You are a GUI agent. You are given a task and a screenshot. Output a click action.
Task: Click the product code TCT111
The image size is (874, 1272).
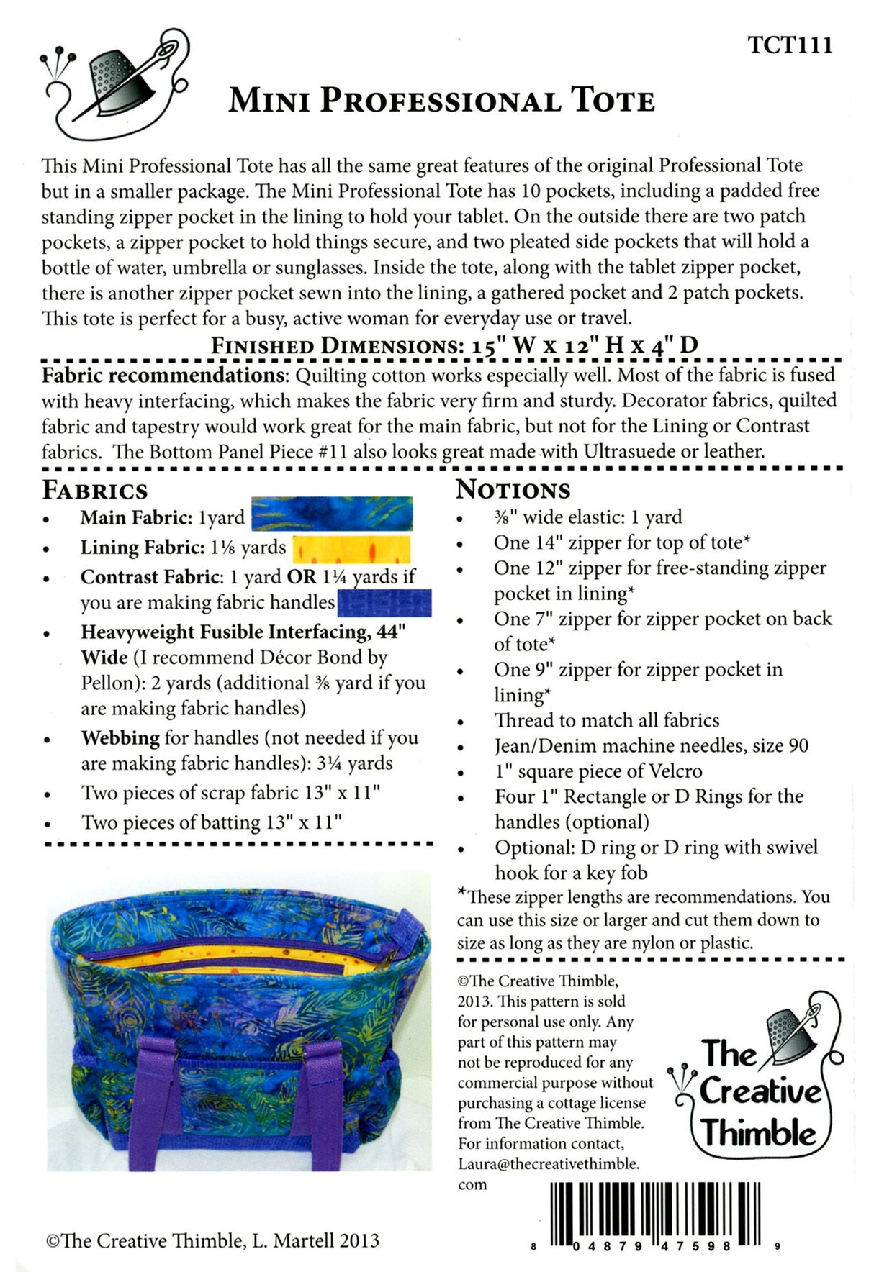click(x=790, y=45)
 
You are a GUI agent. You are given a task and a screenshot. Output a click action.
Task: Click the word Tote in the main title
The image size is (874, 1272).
click(x=613, y=101)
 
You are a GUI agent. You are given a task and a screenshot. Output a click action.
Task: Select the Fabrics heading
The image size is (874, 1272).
click(x=94, y=490)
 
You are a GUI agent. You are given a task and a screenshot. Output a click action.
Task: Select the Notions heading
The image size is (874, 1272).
click(x=513, y=489)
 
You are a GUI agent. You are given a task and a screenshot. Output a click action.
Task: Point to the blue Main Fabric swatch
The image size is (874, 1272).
click(x=332, y=514)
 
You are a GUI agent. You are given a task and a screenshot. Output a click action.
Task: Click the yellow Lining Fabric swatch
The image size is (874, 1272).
click(x=351, y=549)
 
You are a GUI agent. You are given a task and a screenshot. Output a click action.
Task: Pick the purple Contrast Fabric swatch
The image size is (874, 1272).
click(x=384, y=603)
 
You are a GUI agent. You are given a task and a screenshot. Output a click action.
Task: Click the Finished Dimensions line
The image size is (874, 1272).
click(x=454, y=345)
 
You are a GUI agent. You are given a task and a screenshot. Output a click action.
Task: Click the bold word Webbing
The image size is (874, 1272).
click(x=120, y=737)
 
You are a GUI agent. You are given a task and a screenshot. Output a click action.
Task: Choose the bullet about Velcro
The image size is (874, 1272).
click(x=598, y=771)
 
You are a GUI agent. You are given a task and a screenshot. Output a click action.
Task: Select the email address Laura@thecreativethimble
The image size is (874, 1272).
click(x=548, y=1163)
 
